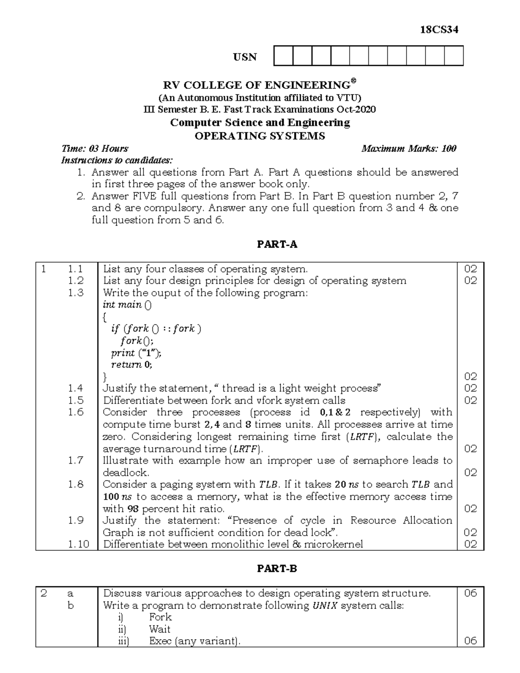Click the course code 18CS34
(439, 30)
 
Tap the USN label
(245, 57)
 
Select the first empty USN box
(283, 56)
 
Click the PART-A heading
(277, 244)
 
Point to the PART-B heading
(277, 569)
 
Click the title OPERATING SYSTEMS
(260, 136)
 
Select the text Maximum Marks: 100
(409, 149)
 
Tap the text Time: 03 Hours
(95, 149)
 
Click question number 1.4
(75, 388)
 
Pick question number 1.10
(78, 544)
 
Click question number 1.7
(75, 461)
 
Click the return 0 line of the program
(132, 364)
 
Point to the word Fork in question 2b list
(160, 617)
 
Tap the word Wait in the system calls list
(159, 629)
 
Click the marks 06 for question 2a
(470, 593)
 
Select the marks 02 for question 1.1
(470, 269)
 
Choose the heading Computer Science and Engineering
(260, 123)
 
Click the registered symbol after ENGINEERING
(353, 81)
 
